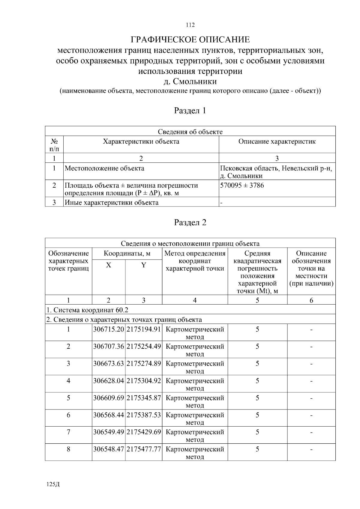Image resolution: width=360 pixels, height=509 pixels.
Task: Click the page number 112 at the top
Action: (190, 25)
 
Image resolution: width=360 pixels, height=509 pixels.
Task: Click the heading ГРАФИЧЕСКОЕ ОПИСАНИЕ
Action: (190, 40)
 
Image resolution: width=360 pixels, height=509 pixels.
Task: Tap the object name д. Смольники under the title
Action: (190, 82)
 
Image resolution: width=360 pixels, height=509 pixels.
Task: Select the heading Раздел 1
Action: (190, 111)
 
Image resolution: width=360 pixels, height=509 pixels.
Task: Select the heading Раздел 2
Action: (190, 222)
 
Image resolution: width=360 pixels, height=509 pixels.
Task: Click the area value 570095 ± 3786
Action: (242, 185)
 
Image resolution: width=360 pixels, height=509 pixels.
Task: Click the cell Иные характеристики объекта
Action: (112, 202)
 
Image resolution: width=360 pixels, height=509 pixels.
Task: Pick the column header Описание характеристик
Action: (277, 141)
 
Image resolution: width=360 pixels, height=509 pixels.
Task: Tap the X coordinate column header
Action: (109, 265)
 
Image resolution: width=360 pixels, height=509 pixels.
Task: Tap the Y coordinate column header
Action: (144, 265)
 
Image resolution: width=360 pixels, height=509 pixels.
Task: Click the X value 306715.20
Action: (109, 329)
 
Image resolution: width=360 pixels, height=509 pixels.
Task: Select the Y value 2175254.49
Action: (144, 346)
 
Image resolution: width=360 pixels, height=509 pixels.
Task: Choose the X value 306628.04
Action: (109, 381)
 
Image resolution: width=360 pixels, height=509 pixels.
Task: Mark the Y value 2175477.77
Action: (144, 449)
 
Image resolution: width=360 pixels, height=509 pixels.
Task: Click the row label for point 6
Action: (68, 415)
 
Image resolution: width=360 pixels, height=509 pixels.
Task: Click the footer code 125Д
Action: (53, 484)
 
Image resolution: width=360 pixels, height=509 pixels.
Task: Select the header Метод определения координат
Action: (195, 257)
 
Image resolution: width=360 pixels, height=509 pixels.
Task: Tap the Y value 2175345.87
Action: (144, 398)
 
